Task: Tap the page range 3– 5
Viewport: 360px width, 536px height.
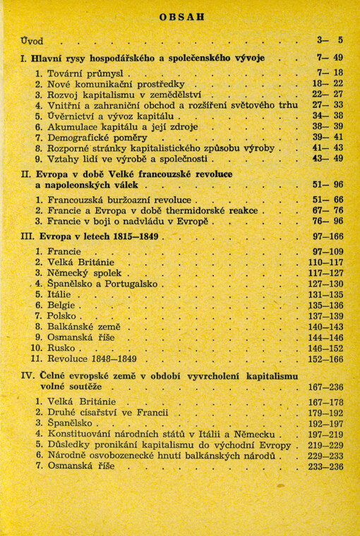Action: click(x=329, y=40)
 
